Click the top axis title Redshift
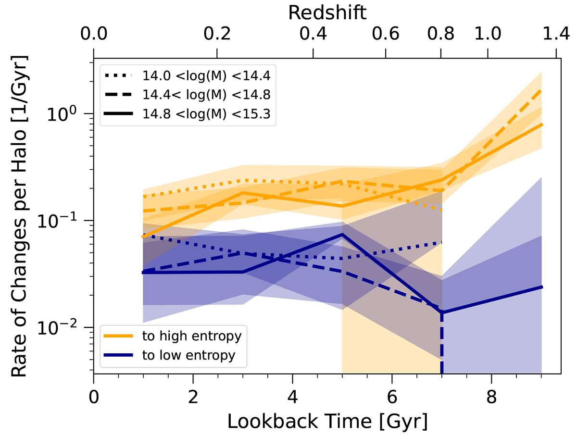coord(327,13)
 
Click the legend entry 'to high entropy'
coord(191,336)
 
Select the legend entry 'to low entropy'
coord(188,356)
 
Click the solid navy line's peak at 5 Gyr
coord(342,235)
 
